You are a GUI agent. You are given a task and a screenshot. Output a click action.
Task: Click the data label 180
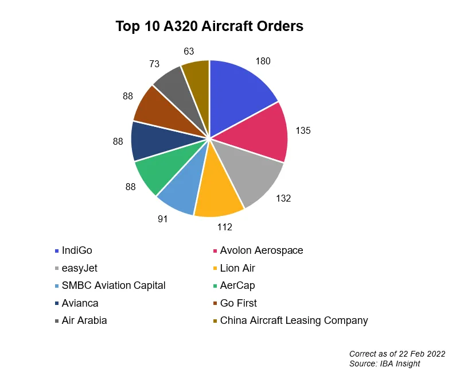(x=263, y=61)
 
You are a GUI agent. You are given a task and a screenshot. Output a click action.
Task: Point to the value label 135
(x=302, y=131)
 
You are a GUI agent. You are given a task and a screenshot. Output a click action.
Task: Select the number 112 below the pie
(x=224, y=227)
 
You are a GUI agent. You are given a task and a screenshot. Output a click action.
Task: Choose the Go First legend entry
(x=238, y=303)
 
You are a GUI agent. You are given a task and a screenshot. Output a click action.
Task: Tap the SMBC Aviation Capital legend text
(x=113, y=285)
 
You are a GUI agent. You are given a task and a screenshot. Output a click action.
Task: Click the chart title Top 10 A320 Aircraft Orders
(x=209, y=26)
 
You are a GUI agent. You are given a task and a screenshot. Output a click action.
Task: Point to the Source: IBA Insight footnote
(x=384, y=364)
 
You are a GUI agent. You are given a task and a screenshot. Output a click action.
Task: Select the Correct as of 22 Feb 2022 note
(x=397, y=354)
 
